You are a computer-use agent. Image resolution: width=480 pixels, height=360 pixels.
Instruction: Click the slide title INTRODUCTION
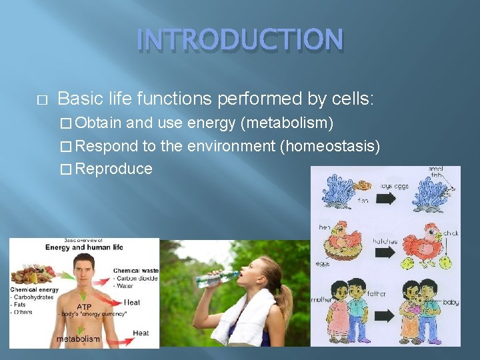coord(240,39)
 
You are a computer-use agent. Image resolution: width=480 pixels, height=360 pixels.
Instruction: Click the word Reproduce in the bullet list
coord(114,169)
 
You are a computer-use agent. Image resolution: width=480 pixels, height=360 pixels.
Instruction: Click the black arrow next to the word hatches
coord(385,253)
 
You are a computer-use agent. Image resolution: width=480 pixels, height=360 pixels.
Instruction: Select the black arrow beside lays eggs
coord(385,198)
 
